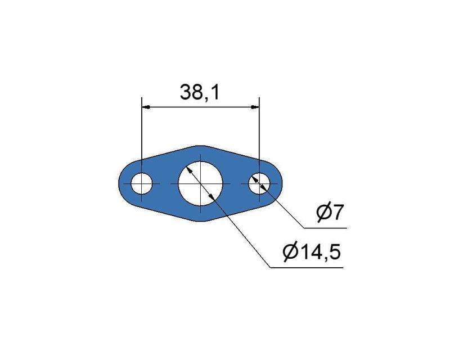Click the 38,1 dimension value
(199, 92)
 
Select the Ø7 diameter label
(330, 213)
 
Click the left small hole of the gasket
(142, 183)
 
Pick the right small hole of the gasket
(259, 183)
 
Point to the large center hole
(200, 183)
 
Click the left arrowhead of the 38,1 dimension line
(145, 107)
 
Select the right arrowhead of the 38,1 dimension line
(255, 107)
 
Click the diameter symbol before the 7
(322, 213)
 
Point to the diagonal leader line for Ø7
(287, 211)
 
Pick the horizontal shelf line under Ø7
(326, 228)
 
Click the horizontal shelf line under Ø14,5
(307, 267)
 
